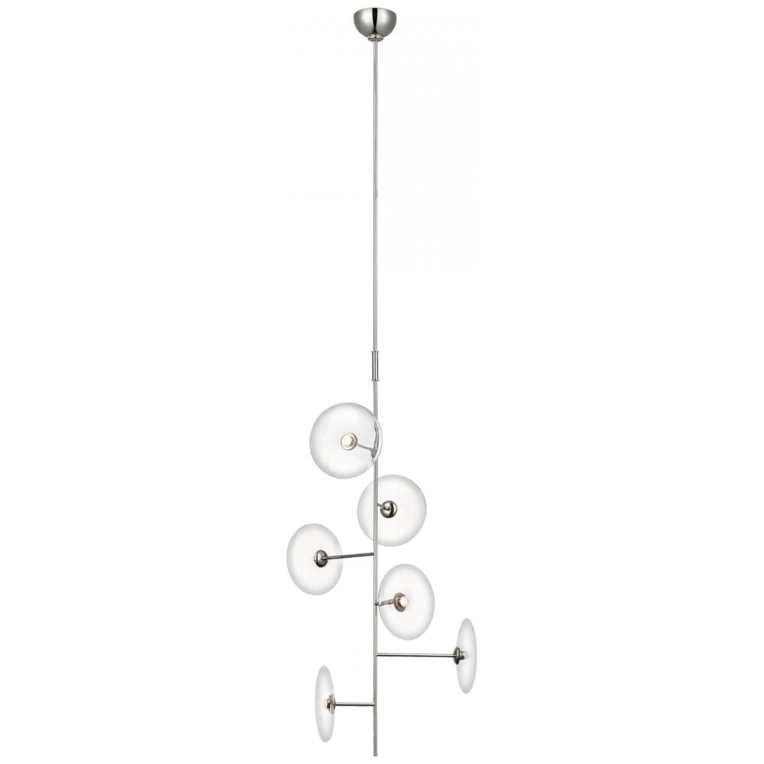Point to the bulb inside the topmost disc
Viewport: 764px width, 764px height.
348,441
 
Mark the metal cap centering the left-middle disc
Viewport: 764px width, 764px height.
324,555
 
